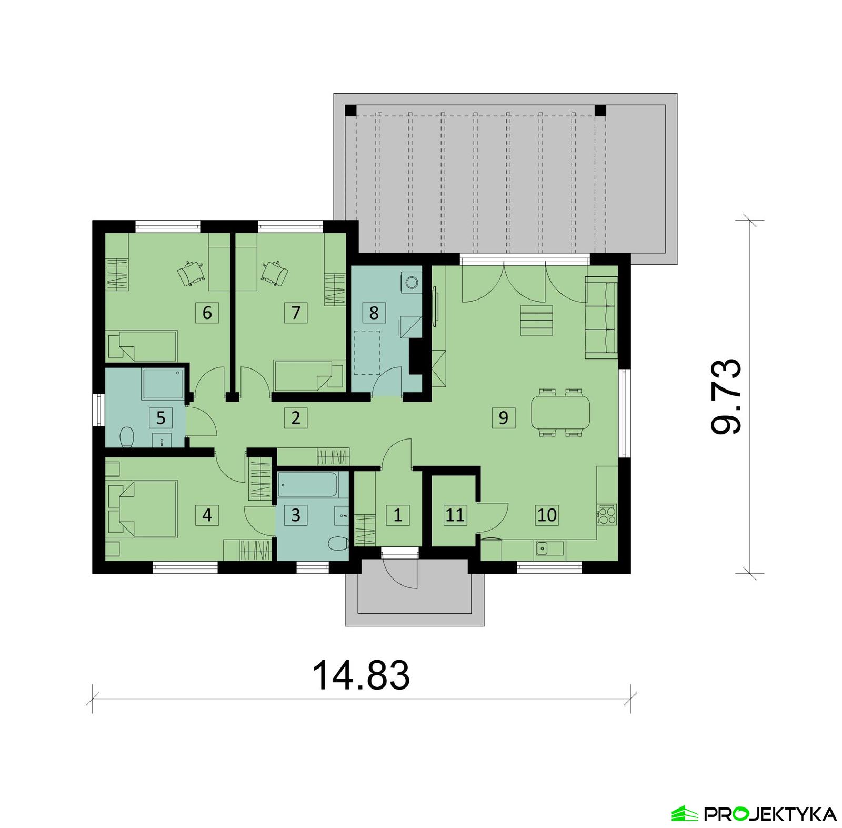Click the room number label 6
207,313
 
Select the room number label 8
374,313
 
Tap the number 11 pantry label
455,515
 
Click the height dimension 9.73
726,396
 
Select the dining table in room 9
560,413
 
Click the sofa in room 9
602,318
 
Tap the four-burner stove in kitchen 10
607,514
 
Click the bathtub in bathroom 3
307,484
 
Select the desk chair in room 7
275,273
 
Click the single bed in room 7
303,375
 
